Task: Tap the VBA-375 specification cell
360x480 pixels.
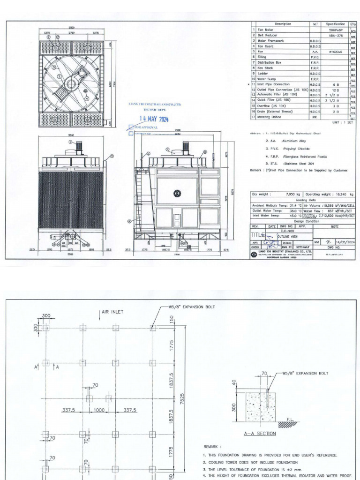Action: (x=339, y=35)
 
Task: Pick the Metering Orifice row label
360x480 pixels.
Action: (x=269, y=117)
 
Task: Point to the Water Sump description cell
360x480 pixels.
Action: (x=264, y=79)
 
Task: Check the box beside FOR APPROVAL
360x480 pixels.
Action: (x=131, y=127)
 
